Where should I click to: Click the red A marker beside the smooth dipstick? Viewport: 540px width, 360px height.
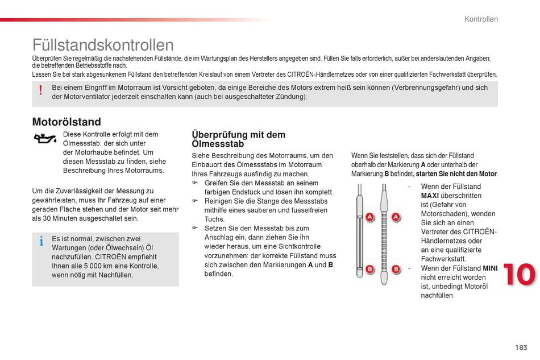(x=369, y=217)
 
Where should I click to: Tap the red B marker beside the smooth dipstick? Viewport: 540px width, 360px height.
(x=369, y=269)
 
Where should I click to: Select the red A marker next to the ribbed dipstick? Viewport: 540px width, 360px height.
(x=396, y=217)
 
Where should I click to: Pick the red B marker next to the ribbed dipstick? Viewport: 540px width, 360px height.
(x=396, y=269)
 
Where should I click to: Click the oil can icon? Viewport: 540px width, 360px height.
(x=45, y=139)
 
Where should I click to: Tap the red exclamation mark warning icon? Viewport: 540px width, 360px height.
(x=41, y=91)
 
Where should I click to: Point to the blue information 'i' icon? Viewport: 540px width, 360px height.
(x=41, y=242)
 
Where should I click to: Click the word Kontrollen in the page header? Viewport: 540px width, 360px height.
(x=481, y=19)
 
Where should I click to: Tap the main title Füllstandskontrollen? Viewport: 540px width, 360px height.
(x=103, y=45)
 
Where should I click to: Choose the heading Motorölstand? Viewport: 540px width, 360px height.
(x=67, y=122)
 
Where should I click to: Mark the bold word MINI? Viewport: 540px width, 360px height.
(x=490, y=268)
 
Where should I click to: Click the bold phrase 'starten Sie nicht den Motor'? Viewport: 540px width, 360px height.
(x=456, y=174)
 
